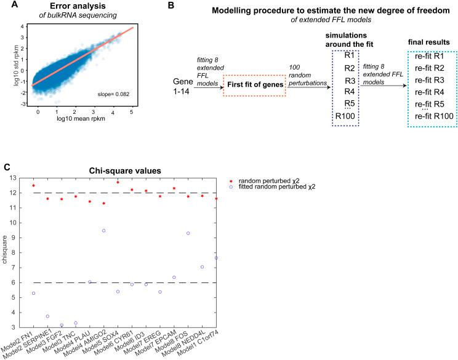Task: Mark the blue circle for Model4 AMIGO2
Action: coord(104,231)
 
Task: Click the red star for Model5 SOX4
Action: coord(118,182)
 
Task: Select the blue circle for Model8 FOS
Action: coord(188,233)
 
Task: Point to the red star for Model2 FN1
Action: coord(33,185)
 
